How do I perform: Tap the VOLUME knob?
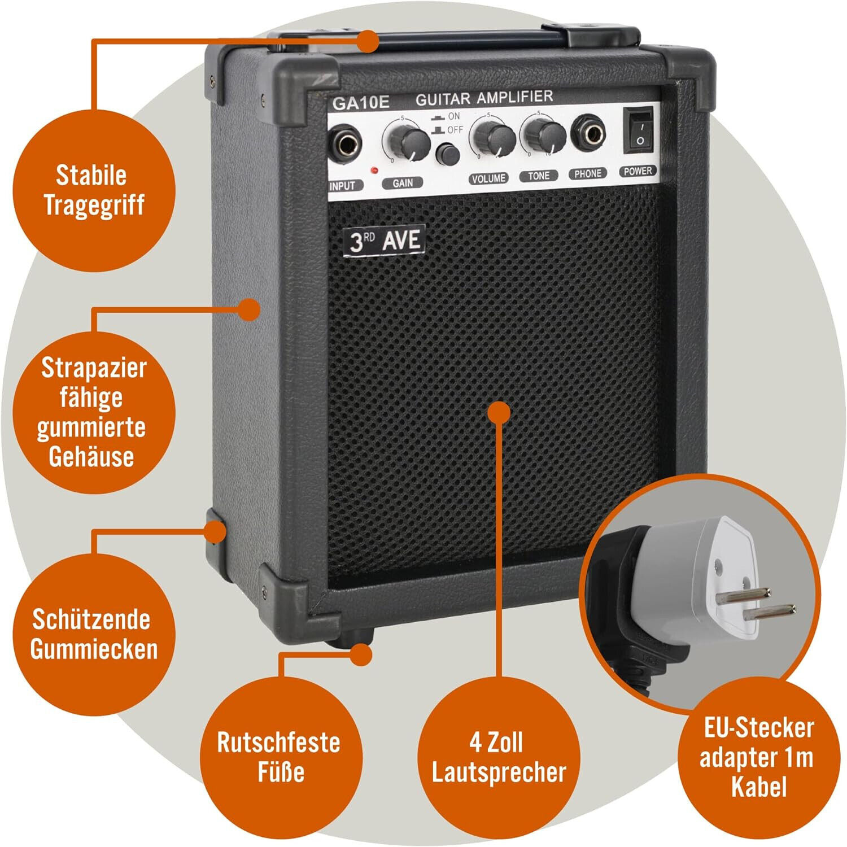tap(495, 137)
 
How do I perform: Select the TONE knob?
tap(544, 135)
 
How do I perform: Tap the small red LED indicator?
tap(373, 169)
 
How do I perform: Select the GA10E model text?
tap(361, 103)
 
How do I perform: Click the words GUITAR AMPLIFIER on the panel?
tap(484, 98)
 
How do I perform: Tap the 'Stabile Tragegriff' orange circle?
tap(94, 190)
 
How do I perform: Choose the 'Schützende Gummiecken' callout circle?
tap(94, 634)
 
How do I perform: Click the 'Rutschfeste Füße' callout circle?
tap(280, 757)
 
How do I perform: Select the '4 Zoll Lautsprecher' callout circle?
tap(498, 757)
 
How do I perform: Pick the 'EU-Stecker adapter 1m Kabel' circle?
tap(757, 757)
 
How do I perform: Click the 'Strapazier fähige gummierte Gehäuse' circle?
tap(94, 412)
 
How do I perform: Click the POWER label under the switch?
tap(638, 171)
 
